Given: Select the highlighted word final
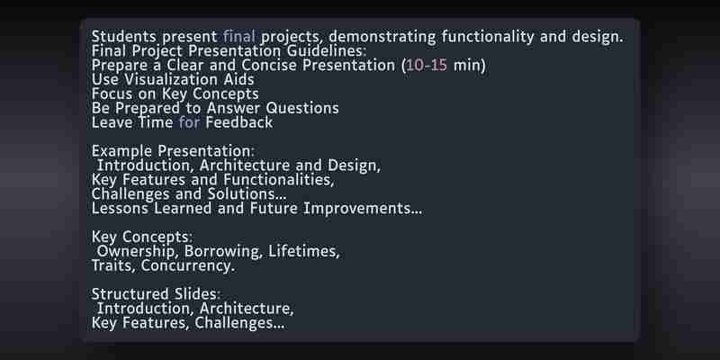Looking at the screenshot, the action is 238,36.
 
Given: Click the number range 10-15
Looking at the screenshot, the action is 427,65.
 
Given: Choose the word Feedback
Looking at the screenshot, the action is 238,122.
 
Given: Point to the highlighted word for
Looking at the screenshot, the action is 189,122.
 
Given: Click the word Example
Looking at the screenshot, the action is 122,151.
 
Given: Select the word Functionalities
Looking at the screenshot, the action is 278,179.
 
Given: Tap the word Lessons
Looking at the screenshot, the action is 120,208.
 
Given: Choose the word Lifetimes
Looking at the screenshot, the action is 304,251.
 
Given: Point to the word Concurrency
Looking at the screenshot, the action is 187,265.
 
